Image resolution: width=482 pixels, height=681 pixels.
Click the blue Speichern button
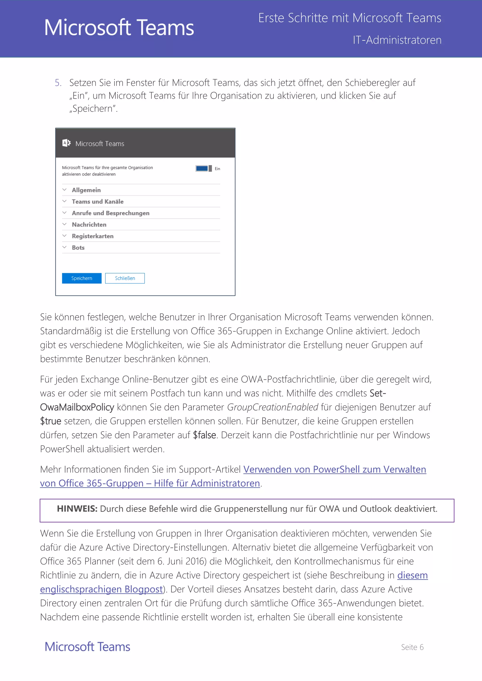[x=82, y=278]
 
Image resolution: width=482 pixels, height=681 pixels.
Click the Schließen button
[x=125, y=278]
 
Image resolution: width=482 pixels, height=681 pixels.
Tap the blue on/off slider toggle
[x=204, y=168]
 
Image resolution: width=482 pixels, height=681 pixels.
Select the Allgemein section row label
[x=86, y=190]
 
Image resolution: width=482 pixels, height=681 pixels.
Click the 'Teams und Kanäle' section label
[x=97, y=202]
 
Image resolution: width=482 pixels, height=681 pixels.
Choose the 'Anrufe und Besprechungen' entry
[x=110, y=213]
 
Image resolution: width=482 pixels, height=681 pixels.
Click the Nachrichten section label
[x=89, y=225]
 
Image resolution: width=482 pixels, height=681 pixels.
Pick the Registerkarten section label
[x=92, y=236]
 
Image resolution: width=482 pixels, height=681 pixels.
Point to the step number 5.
[x=58, y=83]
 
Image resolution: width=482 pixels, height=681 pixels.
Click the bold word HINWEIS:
[x=77, y=509]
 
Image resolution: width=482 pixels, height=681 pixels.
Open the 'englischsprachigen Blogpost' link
[x=101, y=589]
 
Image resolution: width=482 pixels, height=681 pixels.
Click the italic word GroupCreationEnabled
[x=273, y=407]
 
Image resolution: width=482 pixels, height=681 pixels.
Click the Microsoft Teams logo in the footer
[x=87, y=647]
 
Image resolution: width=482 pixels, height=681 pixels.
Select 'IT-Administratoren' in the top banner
[x=397, y=40]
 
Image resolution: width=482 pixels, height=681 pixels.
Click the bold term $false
[x=205, y=435]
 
